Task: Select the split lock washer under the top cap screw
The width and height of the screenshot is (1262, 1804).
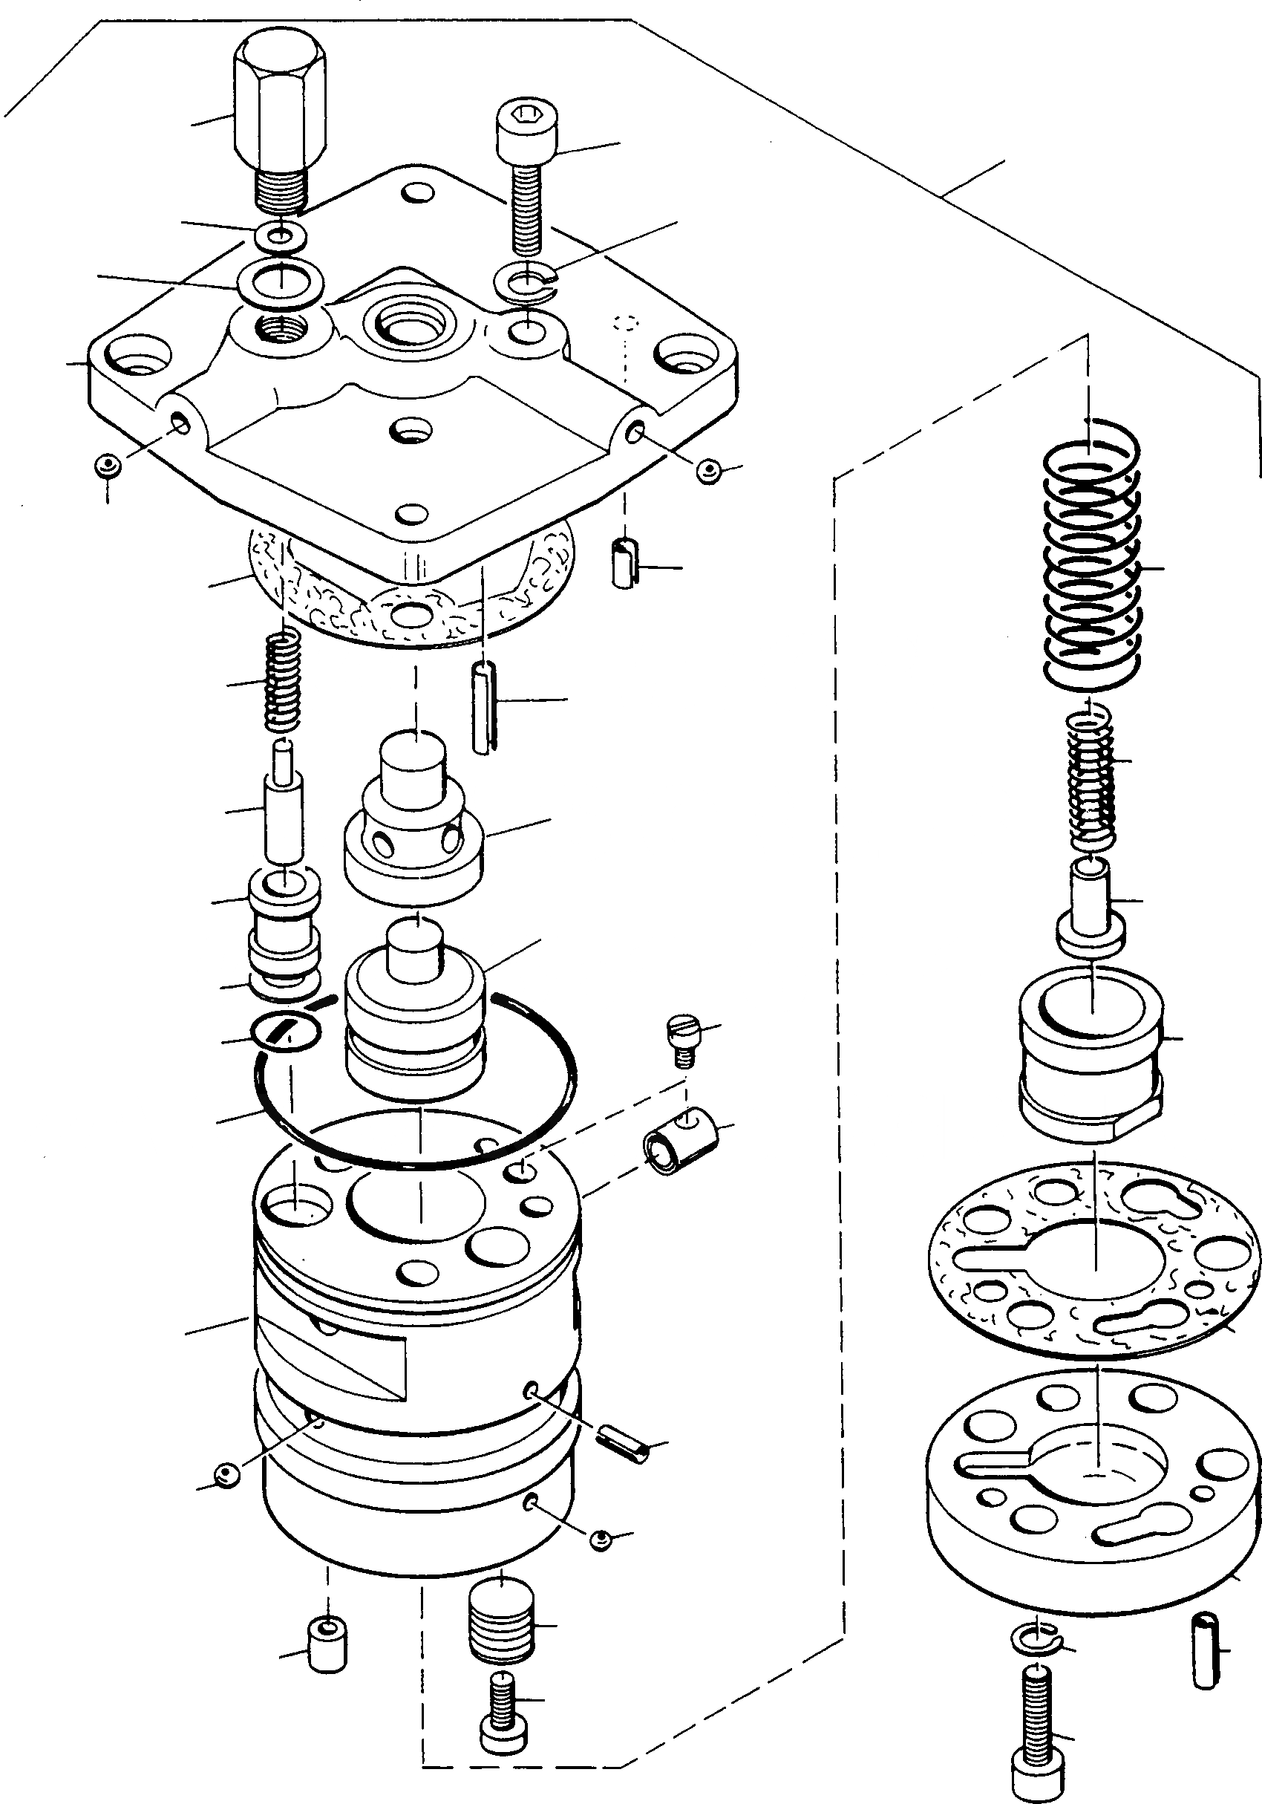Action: (525, 282)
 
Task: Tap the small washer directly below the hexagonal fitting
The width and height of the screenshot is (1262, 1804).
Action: (281, 235)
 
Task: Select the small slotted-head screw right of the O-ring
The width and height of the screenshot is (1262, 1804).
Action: (681, 1038)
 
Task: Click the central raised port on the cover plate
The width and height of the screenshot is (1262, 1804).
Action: (411, 322)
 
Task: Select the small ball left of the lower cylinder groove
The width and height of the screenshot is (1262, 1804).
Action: (226, 1474)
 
